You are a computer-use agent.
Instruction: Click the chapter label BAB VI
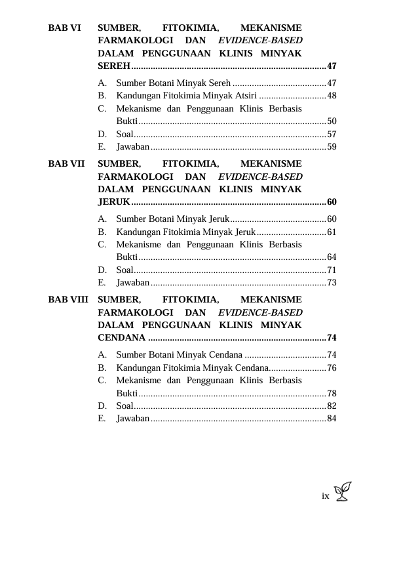pyautogui.click(x=65, y=28)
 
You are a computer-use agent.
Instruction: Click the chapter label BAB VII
pyautogui.click(x=67, y=163)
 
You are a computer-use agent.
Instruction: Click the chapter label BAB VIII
pyautogui.click(x=69, y=299)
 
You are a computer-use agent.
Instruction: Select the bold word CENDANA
pyautogui.click(x=121, y=338)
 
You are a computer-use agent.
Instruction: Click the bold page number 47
pyautogui.click(x=332, y=67)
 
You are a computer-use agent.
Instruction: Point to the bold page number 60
pyautogui.click(x=332, y=202)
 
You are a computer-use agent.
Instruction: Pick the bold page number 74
pyautogui.click(x=332, y=338)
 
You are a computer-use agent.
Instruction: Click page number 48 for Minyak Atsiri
pyautogui.click(x=332, y=96)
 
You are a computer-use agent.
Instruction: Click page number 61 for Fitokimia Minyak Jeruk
pyautogui.click(x=332, y=232)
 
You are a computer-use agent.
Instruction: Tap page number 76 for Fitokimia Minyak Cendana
pyautogui.click(x=332, y=367)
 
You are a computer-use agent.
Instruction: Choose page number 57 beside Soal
pyautogui.click(x=332, y=134)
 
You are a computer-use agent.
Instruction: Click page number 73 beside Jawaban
pyautogui.click(x=332, y=283)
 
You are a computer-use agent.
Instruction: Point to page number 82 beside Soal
pyautogui.click(x=332, y=406)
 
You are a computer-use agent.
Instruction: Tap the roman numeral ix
pyautogui.click(x=325, y=496)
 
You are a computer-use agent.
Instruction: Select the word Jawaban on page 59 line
pyautogui.click(x=132, y=147)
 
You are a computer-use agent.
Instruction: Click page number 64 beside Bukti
pyautogui.click(x=332, y=257)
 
